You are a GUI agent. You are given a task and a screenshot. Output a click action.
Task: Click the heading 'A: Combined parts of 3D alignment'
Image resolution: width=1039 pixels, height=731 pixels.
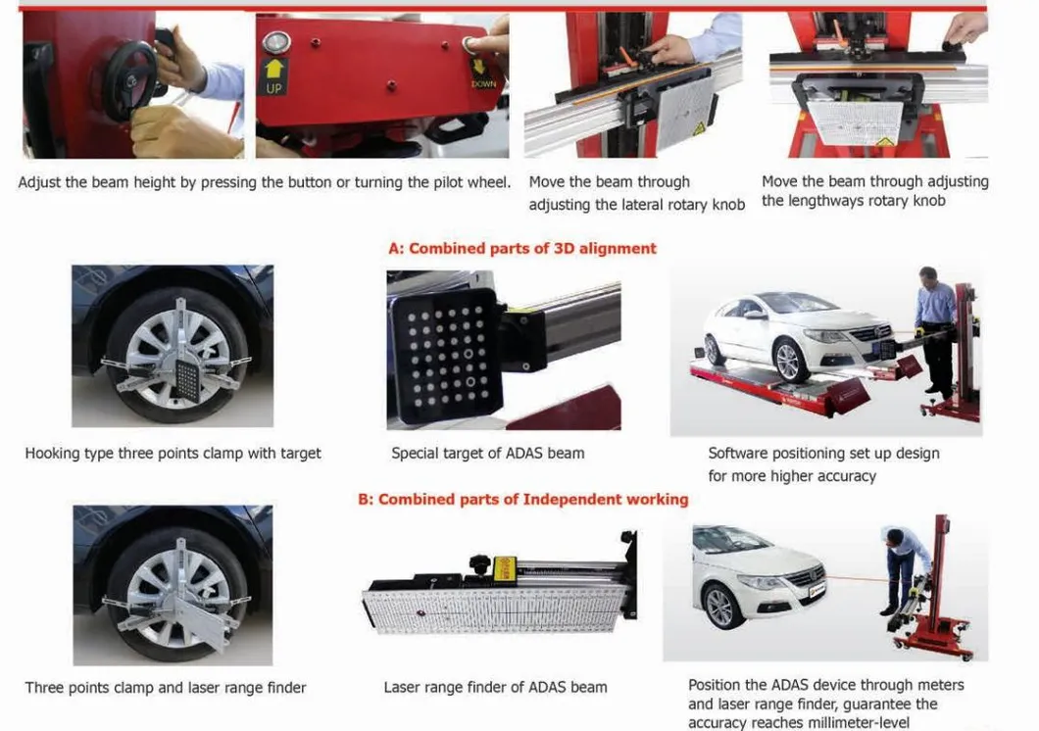[522, 248]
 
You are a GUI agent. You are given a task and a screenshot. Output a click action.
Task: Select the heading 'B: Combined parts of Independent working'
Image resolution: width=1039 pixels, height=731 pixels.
[522, 499]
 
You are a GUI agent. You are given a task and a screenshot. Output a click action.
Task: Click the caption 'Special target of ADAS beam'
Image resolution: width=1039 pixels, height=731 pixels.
[488, 454]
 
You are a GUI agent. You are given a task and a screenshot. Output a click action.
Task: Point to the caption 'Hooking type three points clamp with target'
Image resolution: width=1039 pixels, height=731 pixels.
[173, 454]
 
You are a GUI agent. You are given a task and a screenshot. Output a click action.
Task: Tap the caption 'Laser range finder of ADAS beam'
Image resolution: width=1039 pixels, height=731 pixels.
[495, 688]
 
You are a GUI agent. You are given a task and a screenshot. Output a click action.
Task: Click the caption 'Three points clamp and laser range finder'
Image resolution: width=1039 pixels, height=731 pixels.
[166, 688]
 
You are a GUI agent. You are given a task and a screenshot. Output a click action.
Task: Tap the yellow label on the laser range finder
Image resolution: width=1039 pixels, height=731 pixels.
[505, 567]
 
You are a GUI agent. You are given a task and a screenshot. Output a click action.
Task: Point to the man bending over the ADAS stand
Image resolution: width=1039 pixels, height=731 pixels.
[903, 566]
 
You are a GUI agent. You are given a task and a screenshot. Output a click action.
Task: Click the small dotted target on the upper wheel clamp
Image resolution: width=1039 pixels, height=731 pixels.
[187, 379]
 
